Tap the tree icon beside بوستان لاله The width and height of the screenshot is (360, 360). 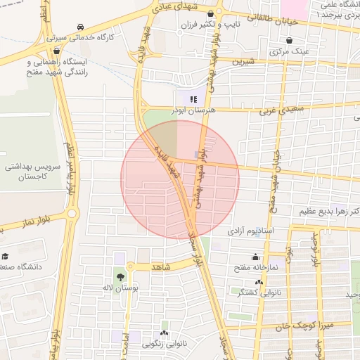pos(120,276)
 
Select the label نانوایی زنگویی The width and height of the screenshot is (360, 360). pos(165,344)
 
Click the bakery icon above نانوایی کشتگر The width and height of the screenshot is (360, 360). pos(259,282)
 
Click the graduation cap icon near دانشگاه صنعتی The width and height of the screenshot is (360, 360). pos(6,257)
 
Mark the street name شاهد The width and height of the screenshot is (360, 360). pos(162,267)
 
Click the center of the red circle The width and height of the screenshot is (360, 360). pos(180,179)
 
